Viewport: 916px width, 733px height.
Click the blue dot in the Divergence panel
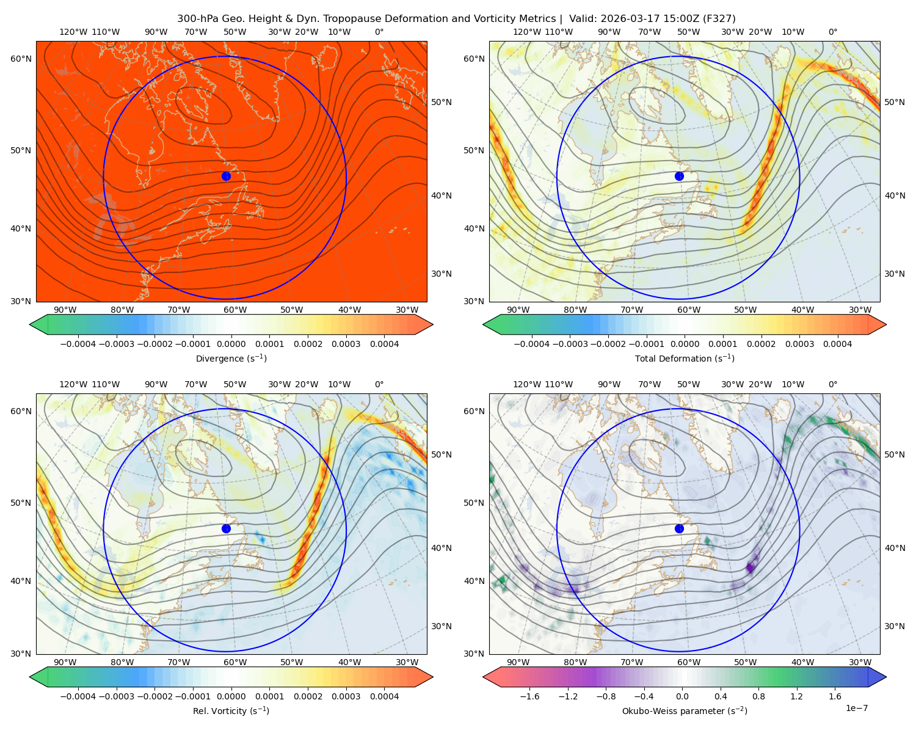tap(226, 176)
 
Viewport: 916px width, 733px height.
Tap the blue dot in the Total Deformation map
tap(679, 176)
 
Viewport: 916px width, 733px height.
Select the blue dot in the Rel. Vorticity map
tap(226, 528)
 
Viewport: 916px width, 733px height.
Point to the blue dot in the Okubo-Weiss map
tap(679, 528)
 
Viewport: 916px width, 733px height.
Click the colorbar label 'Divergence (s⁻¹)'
tap(231, 358)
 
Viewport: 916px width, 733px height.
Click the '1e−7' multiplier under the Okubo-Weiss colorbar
tap(856, 708)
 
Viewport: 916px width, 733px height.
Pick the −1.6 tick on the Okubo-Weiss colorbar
tap(529, 696)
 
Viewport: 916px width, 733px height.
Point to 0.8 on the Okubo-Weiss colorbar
tap(758, 696)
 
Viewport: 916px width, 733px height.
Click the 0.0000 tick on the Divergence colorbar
tap(231, 344)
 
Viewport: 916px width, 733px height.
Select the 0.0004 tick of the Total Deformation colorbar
tap(837, 344)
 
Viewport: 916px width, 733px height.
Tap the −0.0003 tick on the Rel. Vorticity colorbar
tap(116, 696)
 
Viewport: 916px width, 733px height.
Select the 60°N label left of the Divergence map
tap(21, 59)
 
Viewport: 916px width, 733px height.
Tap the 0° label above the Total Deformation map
tap(832, 32)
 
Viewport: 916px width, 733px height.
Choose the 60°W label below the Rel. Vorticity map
tap(235, 662)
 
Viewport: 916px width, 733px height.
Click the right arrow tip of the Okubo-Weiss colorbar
tap(886, 677)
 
